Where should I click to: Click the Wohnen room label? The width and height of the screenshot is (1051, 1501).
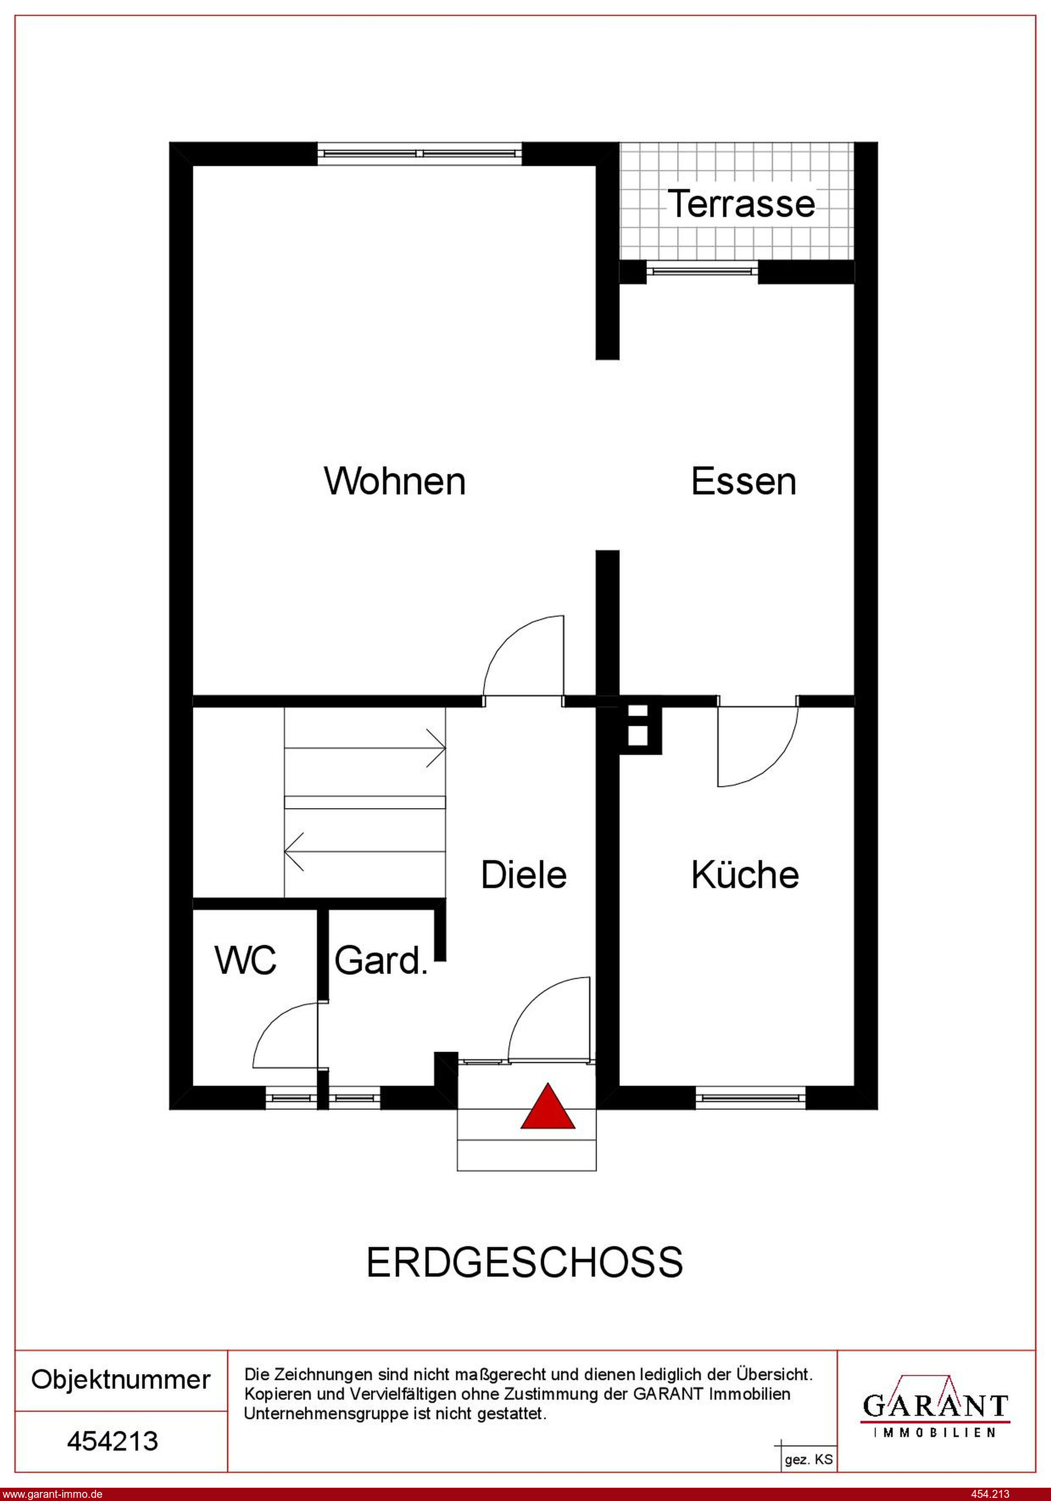(395, 481)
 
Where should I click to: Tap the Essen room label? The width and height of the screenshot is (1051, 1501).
(744, 481)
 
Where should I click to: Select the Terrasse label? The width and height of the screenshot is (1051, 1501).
(741, 203)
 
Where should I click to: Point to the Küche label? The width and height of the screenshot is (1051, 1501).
(745, 874)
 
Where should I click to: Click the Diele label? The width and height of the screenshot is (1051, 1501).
(524, 875)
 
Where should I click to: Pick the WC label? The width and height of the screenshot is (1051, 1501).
(246, 960)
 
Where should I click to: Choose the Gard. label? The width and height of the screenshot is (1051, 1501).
(381, 960)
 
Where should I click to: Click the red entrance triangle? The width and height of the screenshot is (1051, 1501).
(548, 1107)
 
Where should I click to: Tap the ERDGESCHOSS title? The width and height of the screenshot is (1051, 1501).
(524, 1262)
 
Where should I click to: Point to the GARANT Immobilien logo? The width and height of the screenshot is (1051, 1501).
(936, 1406)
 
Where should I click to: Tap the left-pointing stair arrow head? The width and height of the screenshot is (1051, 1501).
(295, 851)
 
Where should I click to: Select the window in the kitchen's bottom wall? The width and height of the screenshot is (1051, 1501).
(750, 1098)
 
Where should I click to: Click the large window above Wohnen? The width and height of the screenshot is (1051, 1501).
(420, 154)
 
